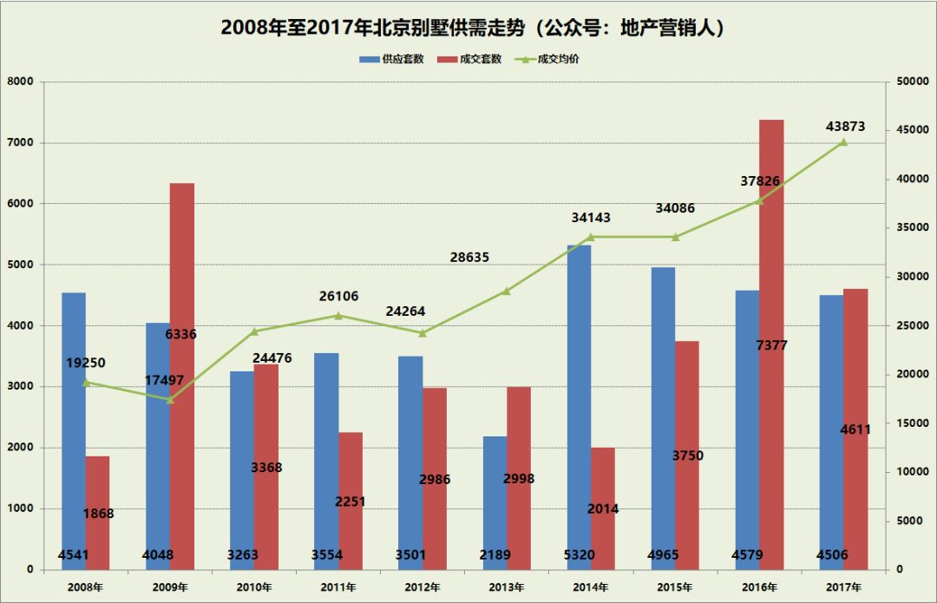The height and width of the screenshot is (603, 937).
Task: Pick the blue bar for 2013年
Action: pos(495,495)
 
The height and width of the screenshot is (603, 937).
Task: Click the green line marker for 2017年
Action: pos(843,141)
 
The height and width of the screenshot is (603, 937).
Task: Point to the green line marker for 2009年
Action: pos(170,399)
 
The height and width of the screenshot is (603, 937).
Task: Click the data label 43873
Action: pos(845,127)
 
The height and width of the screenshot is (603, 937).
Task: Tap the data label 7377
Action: pos(771,345)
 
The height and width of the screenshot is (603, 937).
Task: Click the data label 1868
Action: pos(98,514)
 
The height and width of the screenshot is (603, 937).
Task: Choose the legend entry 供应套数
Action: pos(395,59)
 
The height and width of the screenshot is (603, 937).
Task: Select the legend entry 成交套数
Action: pos(473,59)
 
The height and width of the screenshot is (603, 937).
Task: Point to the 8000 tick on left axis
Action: pos(21,82)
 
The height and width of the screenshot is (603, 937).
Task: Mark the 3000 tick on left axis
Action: pos(21,387)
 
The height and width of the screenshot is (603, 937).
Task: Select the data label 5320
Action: pos(579,555)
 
